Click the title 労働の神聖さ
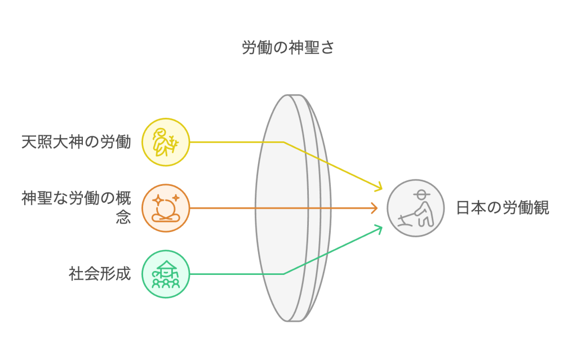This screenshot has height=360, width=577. click(288, 48)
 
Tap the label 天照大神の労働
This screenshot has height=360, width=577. click(76, 142)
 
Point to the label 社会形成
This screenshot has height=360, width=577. click(100, 274)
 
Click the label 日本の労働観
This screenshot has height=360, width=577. click(502, 208)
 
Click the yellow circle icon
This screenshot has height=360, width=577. click(166, 142)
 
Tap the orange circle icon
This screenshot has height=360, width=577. click(166, 208)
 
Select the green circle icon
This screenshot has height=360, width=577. click(166, 274)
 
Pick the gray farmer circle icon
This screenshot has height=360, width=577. click(415, 208)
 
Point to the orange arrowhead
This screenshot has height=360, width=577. click(374, 208)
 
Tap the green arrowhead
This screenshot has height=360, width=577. click(379, 228)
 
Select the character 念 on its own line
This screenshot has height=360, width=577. click(123, 217)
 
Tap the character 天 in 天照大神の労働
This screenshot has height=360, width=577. click(29, 142)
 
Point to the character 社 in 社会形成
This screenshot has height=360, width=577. click(77, 274)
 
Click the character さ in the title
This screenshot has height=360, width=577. click(328, 48)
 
